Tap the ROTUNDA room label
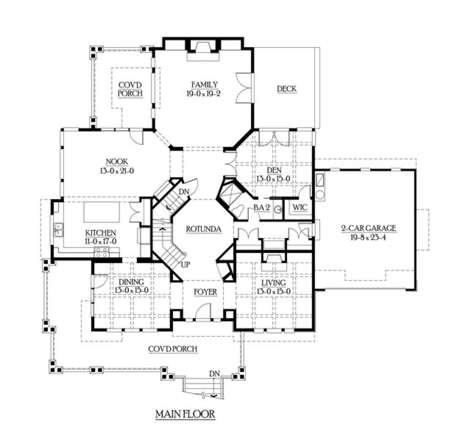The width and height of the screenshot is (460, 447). pos(204,229)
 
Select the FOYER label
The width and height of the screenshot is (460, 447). pos(205,292)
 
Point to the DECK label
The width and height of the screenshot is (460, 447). pos(287,89)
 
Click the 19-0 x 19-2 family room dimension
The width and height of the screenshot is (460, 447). pos(203,93)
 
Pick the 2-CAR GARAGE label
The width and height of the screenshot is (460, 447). pos(368,228)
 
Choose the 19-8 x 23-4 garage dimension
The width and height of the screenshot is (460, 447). pos(368,237)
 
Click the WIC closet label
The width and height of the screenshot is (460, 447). pos(300,208)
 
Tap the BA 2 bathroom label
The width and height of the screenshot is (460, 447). pos(261,208)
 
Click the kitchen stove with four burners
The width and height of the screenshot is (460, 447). pos(102,252)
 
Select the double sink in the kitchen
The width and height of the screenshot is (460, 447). pos(59,230)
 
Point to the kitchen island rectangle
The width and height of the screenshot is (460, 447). pos(102,212)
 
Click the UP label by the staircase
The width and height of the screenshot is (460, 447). pos(185,265)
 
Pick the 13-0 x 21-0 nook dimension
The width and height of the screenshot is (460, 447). pos(117,170)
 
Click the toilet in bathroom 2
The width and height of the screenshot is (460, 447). pos(238,211)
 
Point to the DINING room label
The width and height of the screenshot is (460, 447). pos(131,282)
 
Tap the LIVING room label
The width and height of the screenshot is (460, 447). pos(273,283)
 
